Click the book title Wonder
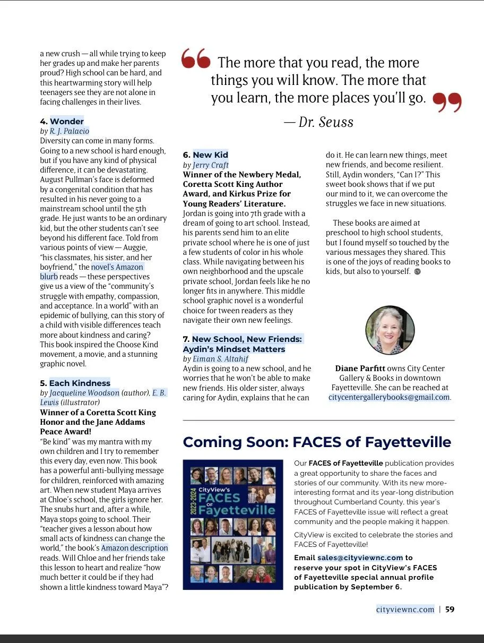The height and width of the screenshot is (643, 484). [67, 121]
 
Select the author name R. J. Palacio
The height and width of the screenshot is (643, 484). [70, 131]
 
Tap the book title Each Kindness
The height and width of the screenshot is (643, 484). [80, 383]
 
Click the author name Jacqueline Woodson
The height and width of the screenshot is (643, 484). [84, 393]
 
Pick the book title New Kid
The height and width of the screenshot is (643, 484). [210, 155]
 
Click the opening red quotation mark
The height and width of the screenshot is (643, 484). [195, 59]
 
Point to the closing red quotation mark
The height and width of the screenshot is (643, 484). [447, 102]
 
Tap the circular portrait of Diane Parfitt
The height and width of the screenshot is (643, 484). [390, 330]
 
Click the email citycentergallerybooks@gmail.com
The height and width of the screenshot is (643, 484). [389, 397]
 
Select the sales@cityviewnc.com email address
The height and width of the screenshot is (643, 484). [360, 558]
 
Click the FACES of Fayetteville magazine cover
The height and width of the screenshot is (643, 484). [233, 524]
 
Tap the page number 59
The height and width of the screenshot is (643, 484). [450, 609]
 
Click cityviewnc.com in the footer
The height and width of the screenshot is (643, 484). [405, 609]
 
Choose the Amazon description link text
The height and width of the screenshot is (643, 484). [134, 548]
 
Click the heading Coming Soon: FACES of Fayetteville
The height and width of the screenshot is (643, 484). [317, 442]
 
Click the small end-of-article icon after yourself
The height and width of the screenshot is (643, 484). [417, 271]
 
